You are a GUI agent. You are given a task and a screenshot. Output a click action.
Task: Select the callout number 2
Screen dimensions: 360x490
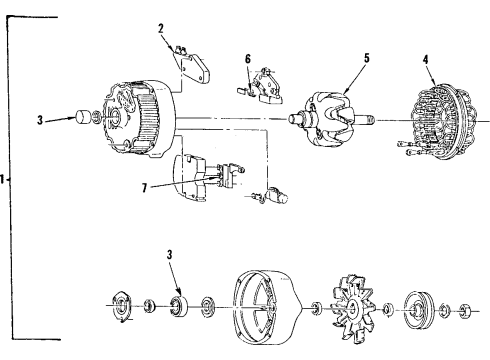[x=160, y=29]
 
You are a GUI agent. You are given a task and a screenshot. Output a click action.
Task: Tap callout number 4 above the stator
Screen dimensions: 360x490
[x=428, y=59]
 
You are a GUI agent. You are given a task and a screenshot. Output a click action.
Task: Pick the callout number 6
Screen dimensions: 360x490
[x=248, y=59]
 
